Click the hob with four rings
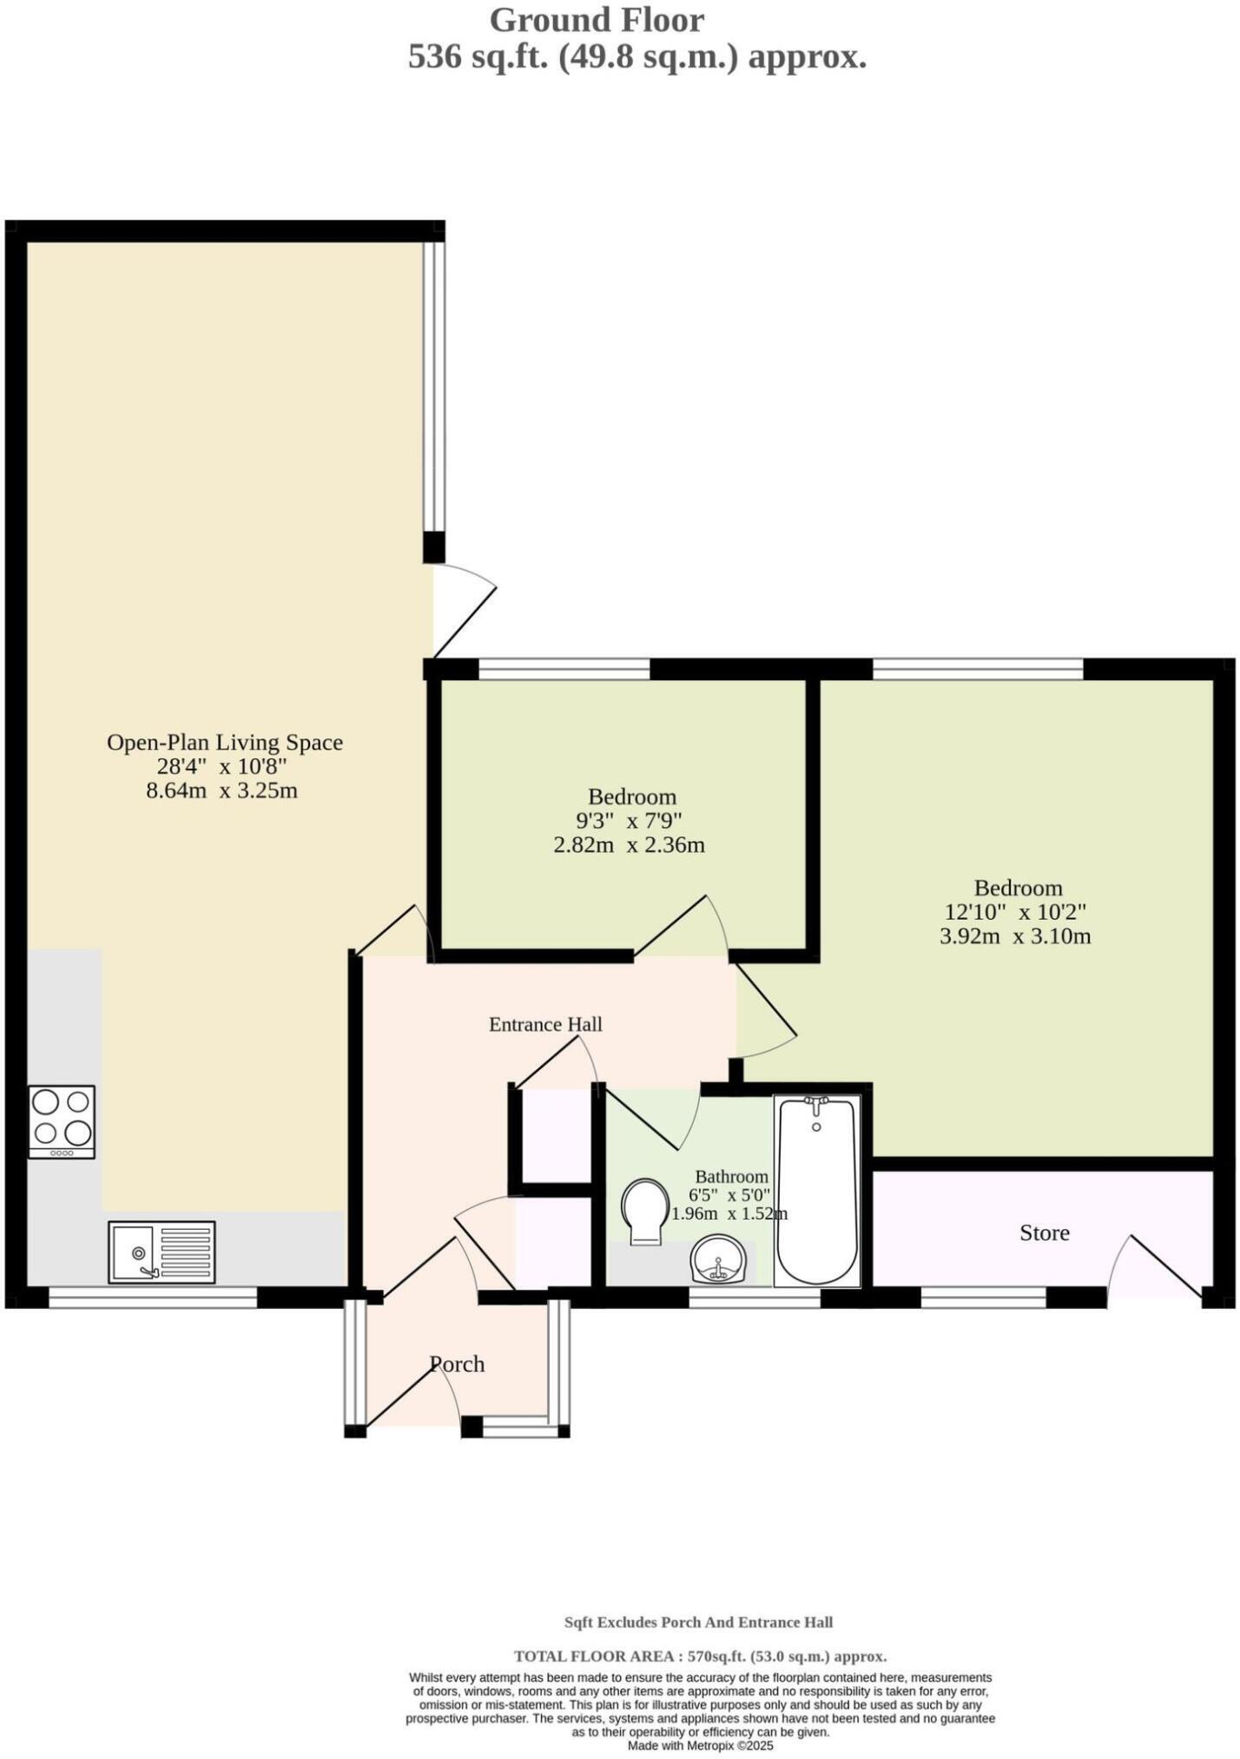tap(61, 1121)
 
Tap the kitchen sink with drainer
tap(162, 1252)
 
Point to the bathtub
tap(816, 1191)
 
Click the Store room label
tap(1044, 1233)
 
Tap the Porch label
tap(457, 1364)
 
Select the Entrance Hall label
tap(545, 1024)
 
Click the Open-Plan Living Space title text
tap(225, 743)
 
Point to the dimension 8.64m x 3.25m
tap(222, 790)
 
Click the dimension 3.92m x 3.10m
tap(1015, 936)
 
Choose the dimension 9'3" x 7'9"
tap(630, 820)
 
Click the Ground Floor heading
tap(597, 19)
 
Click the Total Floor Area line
tap(700, 1657)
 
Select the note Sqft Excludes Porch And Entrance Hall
tap(698, 1622)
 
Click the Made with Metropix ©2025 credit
tap(700, 1745)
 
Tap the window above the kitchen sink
tap(153, 1297)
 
